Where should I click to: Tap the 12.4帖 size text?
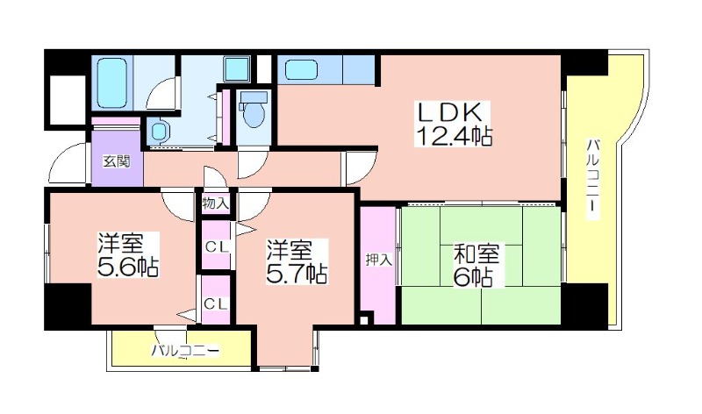(452, 138)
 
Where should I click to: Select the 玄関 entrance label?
(115, 161)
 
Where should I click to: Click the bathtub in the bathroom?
(111, 81)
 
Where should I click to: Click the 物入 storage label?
(216, 203)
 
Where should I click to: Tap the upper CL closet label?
(216, 246)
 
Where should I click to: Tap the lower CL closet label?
(216, 303)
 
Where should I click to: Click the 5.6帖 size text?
(128, 266)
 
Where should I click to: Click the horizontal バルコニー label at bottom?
(185, 352)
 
